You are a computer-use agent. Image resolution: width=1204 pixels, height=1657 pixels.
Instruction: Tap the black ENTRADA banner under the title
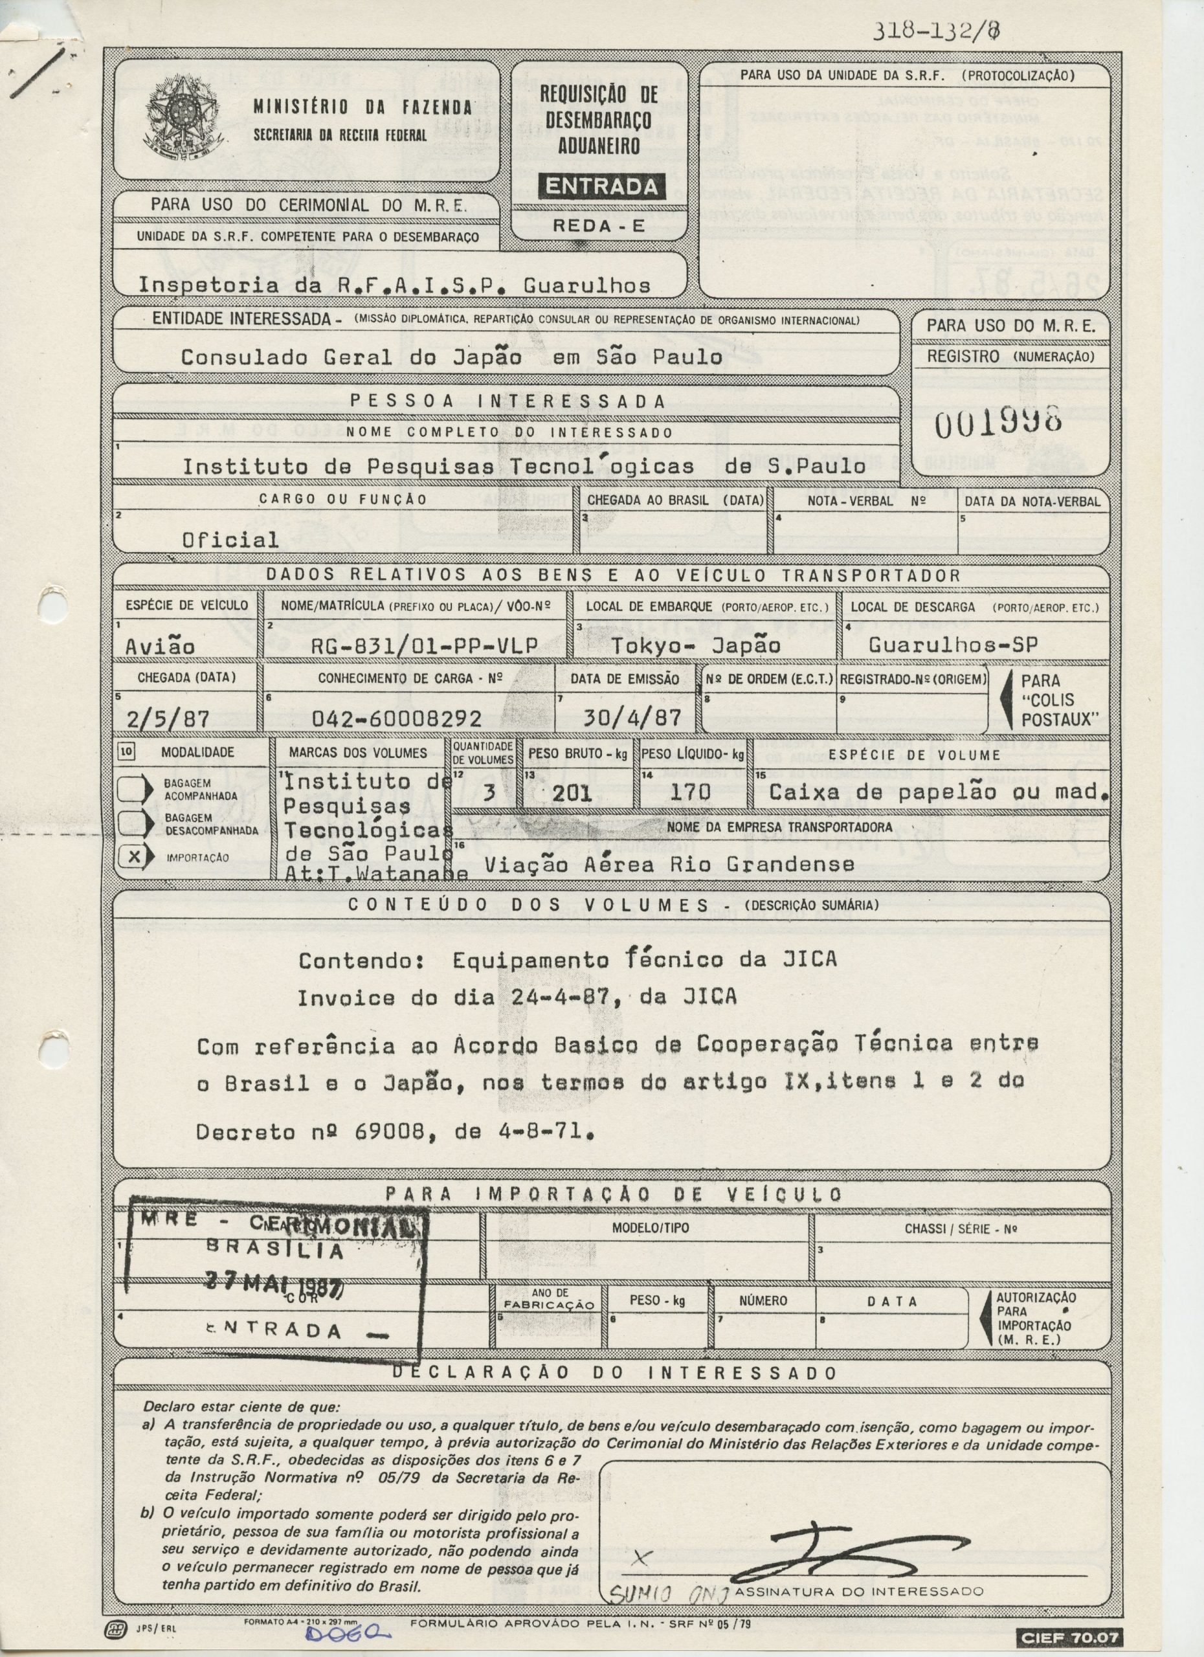click(601, 187)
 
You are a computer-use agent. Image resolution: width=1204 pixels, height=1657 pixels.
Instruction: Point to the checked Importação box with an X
click(132, 856)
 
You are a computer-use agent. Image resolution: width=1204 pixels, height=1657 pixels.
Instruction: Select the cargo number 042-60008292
click(396, 719)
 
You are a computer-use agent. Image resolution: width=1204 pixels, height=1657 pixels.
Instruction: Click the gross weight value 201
click(572, 793)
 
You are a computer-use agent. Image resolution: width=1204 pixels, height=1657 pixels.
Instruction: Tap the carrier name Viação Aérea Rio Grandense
click(669, 865)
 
